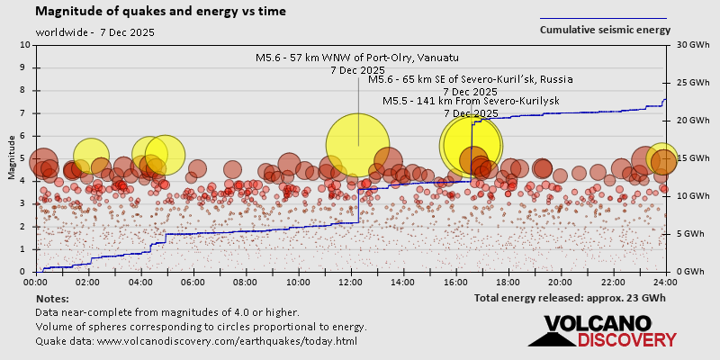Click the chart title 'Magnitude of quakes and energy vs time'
pos(161,12)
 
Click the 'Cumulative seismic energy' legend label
pos(605,29)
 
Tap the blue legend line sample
pos(603,18)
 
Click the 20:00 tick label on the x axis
pos(561,282)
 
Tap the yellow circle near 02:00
pos(92,157)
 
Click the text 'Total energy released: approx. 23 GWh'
pos(570,298)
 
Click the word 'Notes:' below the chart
pos(51,298)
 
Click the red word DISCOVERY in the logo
pos(626,339)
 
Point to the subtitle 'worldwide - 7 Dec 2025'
pos(95,32)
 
